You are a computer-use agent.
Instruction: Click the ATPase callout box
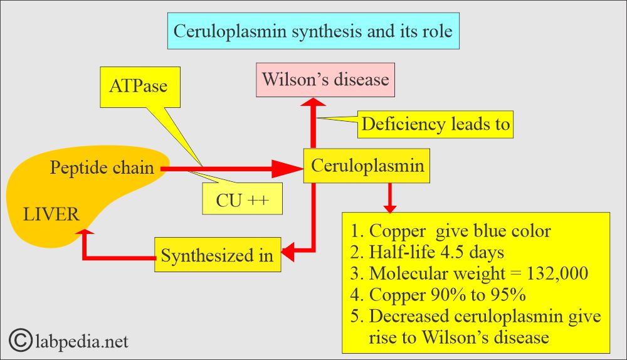pyautogui.click(x=140, y=87)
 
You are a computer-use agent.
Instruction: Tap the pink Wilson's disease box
pyautogui.click(x=325, y=80)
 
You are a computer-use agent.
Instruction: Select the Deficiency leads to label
pyautogui.click(x=435, y=124)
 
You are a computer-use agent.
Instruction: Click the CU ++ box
pyautogui.click(x=242, y=198)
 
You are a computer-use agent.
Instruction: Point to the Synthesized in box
pyautogui.click(x=218, y=255)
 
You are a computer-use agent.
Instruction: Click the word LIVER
pyautogui.click(x=51, y=214)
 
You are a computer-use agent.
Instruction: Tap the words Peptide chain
pyautogui.click(x=102, y=167)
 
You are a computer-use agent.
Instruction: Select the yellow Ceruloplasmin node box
pyautogui.click(x=367, y=166)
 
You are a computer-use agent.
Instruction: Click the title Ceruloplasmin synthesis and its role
pyautogui.click(x=313, y=31)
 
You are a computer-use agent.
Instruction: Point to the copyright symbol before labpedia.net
pyautogui.click(x=20, y=340)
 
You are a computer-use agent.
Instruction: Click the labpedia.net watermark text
pyautogui.click(x=82, y=341)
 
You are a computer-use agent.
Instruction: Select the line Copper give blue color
pyautogui.click(x=451, y=231)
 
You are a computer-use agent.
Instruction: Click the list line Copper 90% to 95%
pyautogui.click(x=438, y=295)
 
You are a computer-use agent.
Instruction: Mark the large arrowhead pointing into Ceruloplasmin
pyautogui.click(x=287, y=169)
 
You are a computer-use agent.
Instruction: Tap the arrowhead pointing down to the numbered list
pyautogui.click(x=389, y=208)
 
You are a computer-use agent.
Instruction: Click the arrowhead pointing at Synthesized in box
pyautogui.click(x=288, y=252)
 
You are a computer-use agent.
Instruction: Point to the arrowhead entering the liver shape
pyautogui.click(x=85, y=231)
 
